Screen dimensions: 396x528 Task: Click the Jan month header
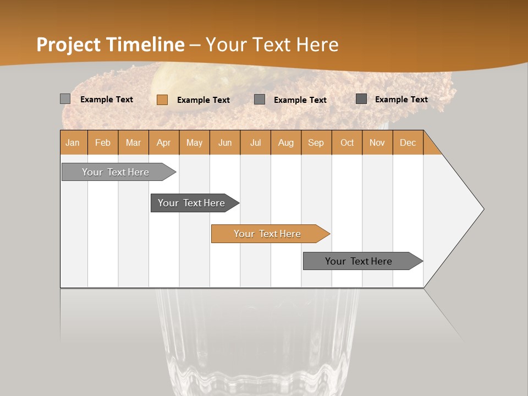tap(73, 142)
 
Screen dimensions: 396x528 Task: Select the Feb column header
tap(103, 142)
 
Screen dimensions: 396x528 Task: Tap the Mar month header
tap(133, 142)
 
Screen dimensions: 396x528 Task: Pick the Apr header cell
tap(164, 142)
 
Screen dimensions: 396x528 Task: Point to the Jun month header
tap(225, 142)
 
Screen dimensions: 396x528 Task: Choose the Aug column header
tap(286, 142)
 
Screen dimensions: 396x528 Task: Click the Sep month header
tap(316, 142)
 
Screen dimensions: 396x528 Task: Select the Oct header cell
tap(347, 142)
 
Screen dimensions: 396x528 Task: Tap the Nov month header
tap(377, 142)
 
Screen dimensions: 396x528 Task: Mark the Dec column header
tap(408, 142)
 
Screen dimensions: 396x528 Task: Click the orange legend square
tap(162, 100)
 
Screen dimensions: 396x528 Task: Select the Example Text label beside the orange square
tap(203, 100)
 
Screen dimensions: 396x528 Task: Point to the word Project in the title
tap(69, 45)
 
